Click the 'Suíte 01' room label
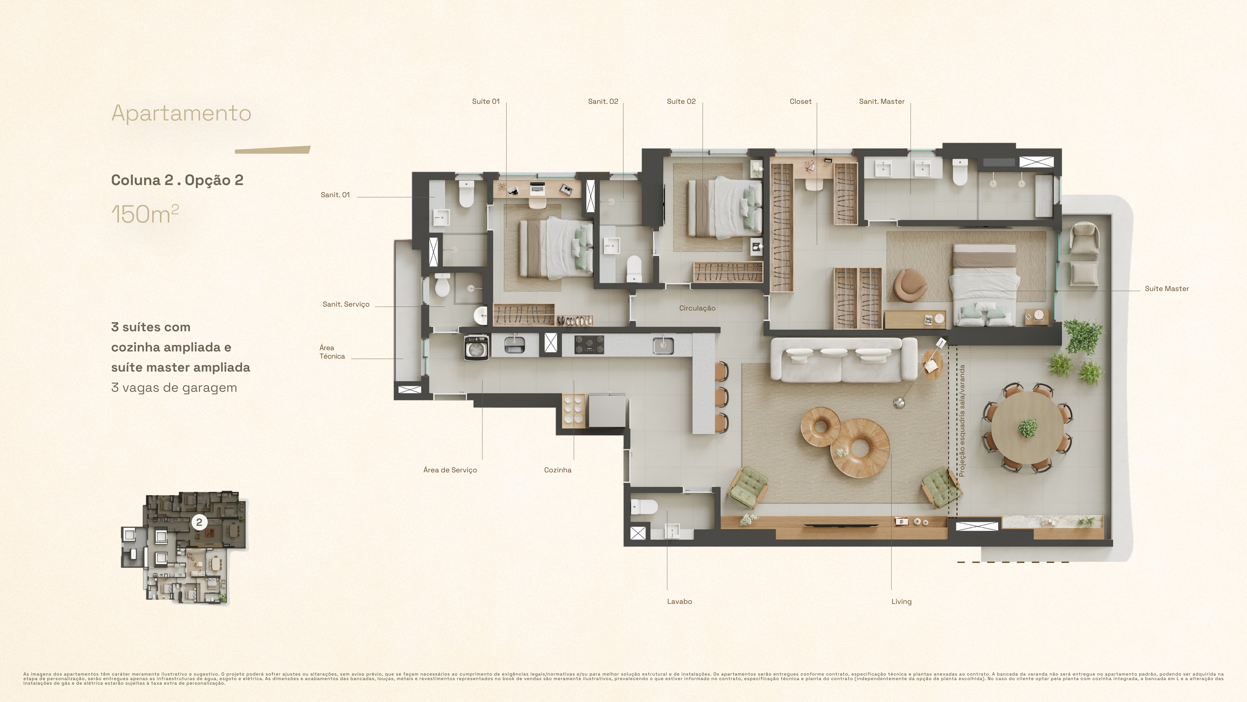(x=486, y=101)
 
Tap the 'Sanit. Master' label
(x=882, y=101)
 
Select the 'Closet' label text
(x=800, y=101)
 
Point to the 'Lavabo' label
(x=679, y=601)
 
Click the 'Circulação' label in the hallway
(x=697, y=308)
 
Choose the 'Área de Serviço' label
(x=450, y=470)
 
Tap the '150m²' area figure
(x=145, y=214)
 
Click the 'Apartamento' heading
(x=181, y=113)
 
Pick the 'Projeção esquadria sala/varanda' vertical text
(x=962, y=421)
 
